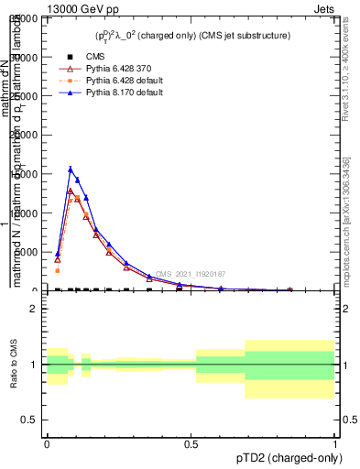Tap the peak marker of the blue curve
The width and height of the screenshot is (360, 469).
71,169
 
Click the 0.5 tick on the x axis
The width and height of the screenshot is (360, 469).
191,442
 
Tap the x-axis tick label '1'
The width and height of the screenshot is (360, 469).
334,442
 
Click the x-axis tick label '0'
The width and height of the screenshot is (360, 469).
47,442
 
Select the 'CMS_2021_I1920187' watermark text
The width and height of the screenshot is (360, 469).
190,274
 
